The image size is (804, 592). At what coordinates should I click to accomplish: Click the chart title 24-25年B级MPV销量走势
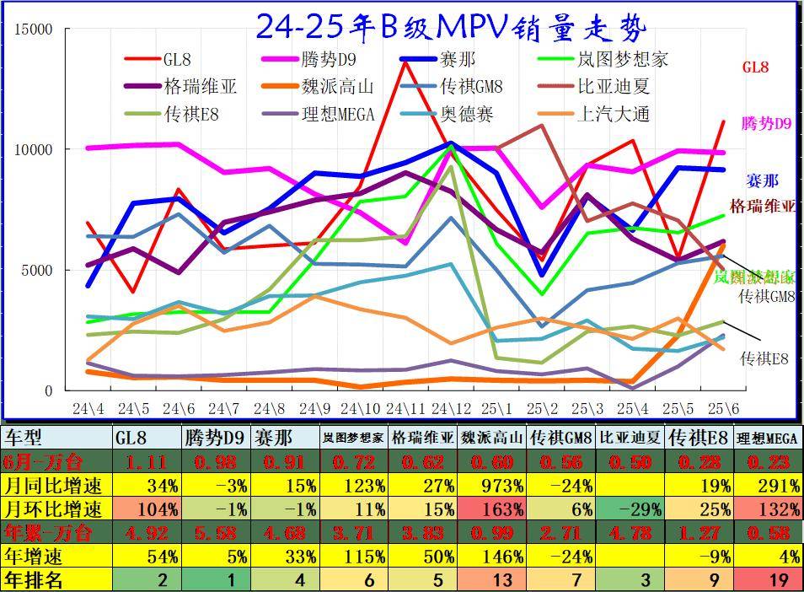coord(451,27)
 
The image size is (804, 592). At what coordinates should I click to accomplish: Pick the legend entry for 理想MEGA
coord(337,114)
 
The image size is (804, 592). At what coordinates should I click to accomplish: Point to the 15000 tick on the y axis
coord(35,30)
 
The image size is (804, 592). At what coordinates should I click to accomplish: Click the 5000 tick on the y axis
coord(38,271)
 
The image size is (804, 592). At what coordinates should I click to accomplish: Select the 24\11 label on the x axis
coord(406,409)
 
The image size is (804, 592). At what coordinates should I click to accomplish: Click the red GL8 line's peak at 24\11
coord(406,83)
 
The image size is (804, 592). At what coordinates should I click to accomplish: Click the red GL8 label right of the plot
coord(755,67)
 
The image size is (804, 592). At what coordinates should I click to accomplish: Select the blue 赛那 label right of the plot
coord(762,180)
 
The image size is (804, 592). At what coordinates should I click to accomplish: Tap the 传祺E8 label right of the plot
coord(764,358)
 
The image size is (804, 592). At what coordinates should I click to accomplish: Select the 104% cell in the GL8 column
coord(147,509)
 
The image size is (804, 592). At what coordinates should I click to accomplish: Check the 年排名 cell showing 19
coord(767,580)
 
